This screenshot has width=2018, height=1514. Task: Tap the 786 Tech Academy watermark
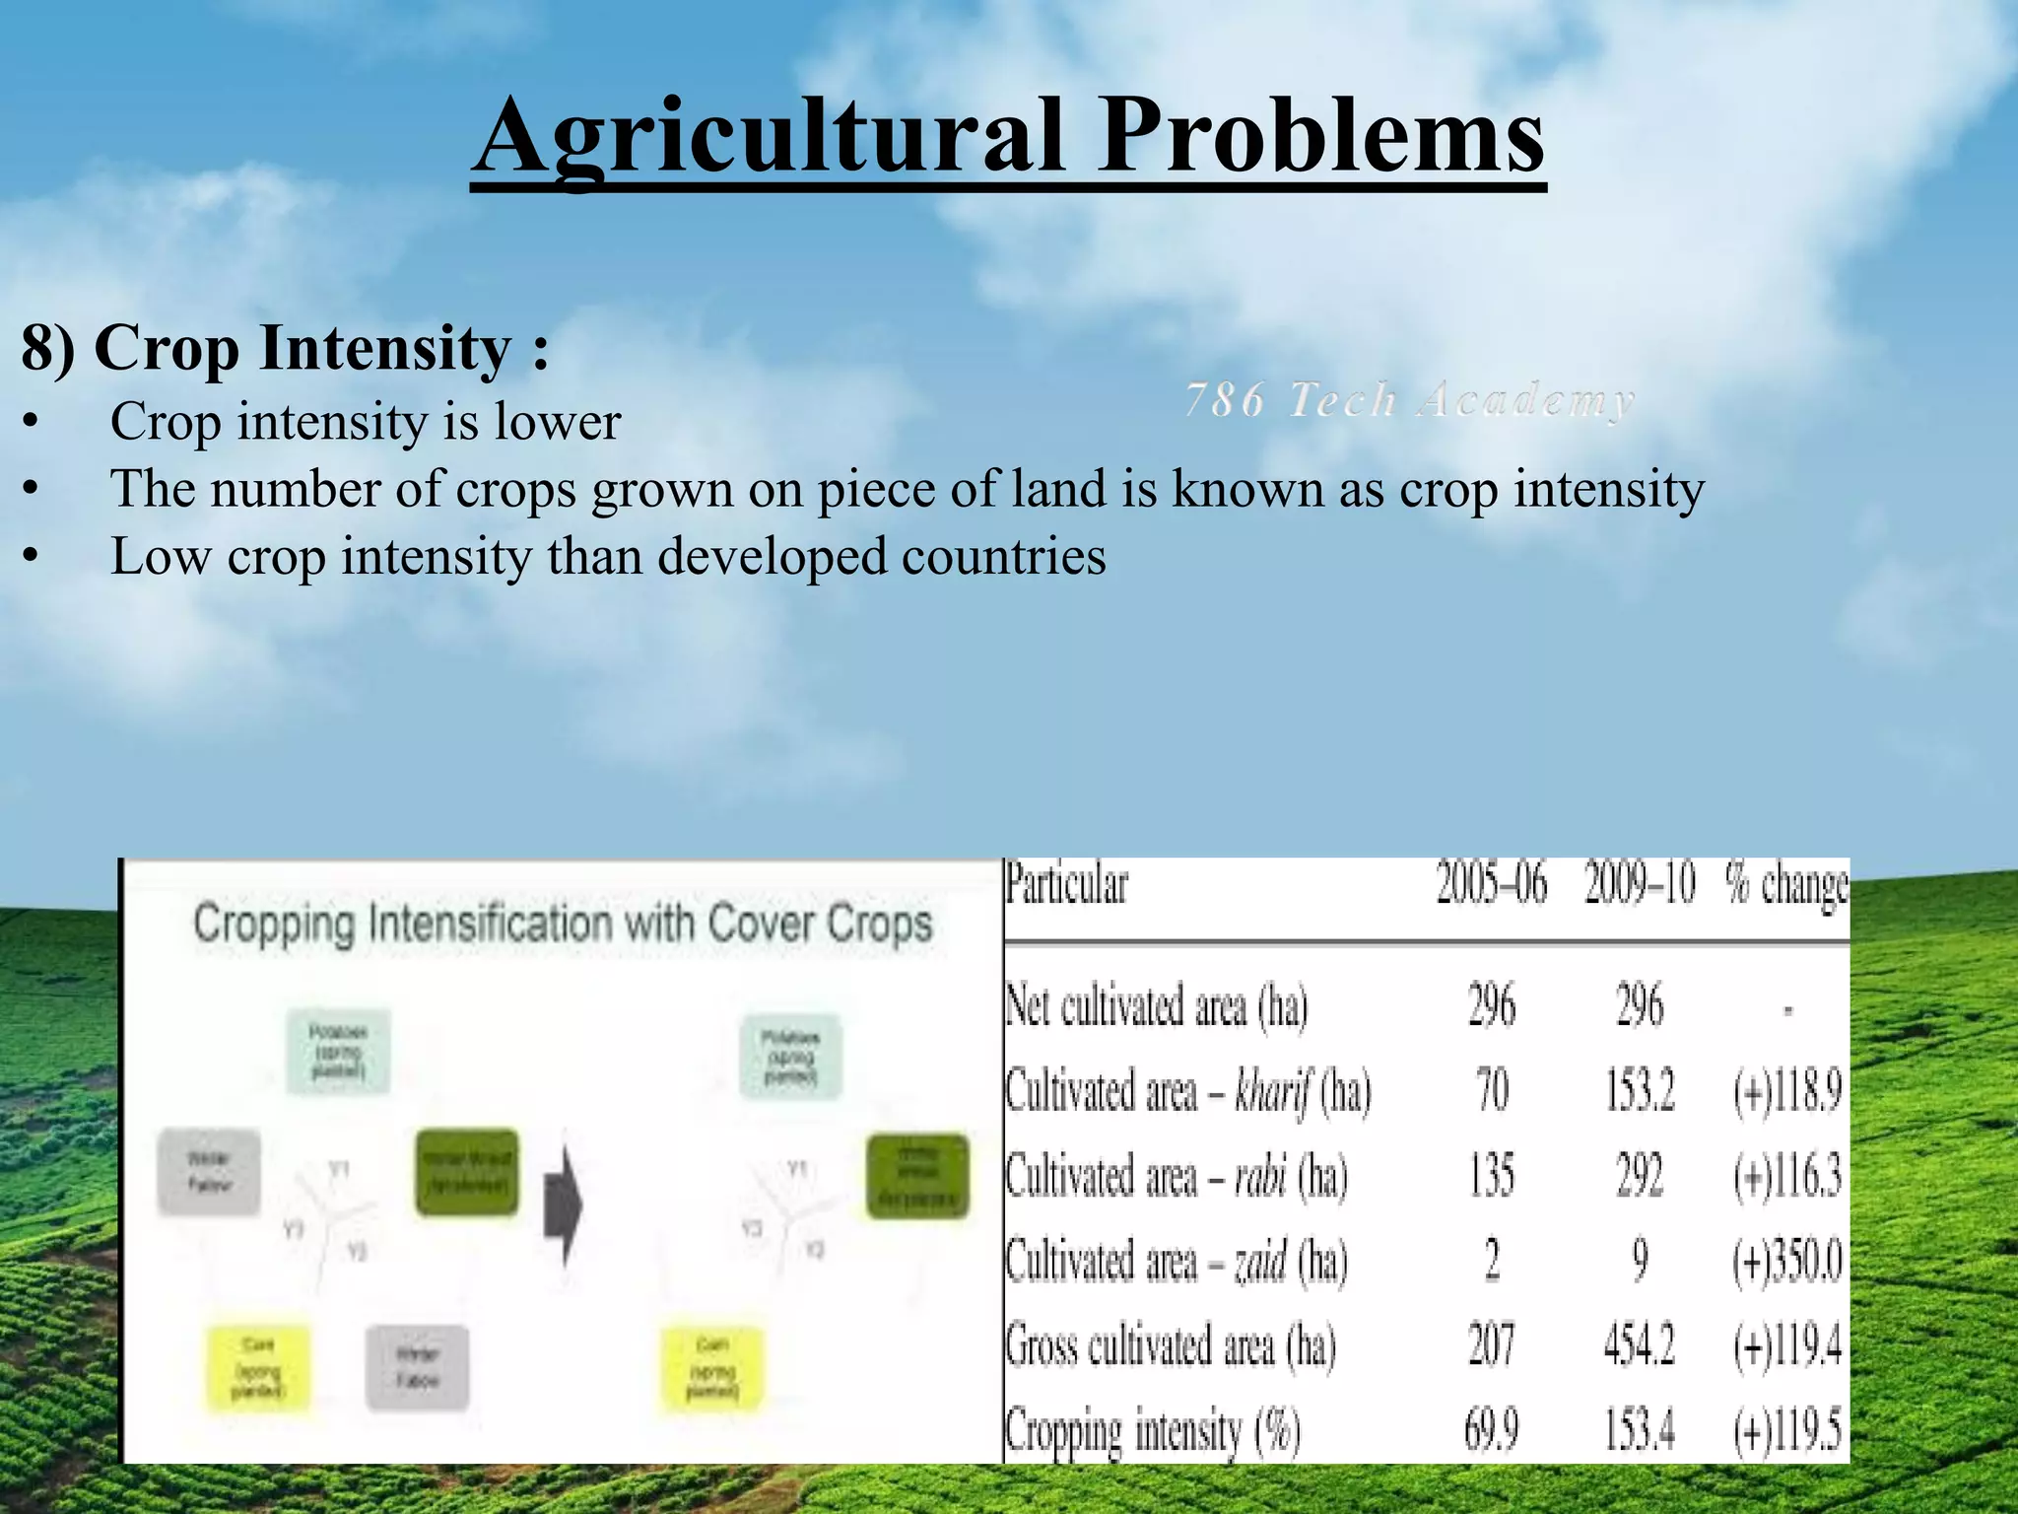(x=1409, y=401)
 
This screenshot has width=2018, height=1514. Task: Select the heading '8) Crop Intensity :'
(x=286, y=348)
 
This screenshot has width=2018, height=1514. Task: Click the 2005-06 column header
(x=1491, y=883)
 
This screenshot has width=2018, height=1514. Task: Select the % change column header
(x=1785, y=885)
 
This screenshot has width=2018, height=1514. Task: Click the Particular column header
(x=1066, y=883)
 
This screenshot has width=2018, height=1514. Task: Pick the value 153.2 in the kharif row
(x=1640, y=1092)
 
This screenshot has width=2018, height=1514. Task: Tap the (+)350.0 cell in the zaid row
(x=1787, y=1262)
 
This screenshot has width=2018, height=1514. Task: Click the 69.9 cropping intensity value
(x=1491, y=1430)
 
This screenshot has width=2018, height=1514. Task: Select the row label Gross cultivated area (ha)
(x=1171, y=1346)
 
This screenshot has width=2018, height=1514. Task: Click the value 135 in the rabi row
(x=1491, y=1176)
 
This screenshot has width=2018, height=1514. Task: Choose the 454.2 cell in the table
(x=1640, y=1346)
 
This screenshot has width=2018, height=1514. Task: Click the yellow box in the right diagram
(x=711, y=1368)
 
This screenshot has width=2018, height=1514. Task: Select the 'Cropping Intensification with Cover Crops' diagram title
(x=563, y=925)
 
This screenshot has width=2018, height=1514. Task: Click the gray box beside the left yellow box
(x=417, y=1368)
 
